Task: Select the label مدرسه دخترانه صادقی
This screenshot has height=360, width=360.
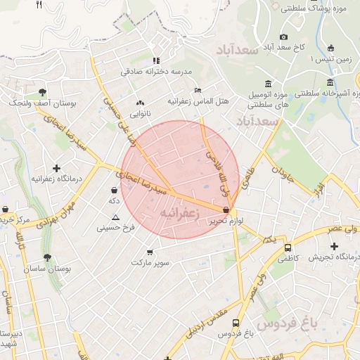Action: (155, 71)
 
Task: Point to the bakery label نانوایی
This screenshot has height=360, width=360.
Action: (138, 113)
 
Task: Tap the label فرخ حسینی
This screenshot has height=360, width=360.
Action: (115, 228)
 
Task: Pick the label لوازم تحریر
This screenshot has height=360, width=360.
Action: (226, 221)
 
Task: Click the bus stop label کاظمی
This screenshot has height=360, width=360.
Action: (288, 259)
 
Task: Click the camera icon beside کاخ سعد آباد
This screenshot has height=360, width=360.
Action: (283, 37)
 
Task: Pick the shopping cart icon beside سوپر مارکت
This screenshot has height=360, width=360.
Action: (149, 252)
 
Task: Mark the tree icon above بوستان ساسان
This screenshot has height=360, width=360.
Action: (47, 258)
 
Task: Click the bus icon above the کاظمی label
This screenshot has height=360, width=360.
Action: (288, 248)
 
